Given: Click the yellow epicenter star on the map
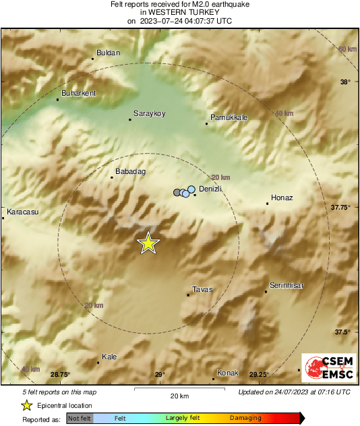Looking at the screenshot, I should click(x=148, y=243).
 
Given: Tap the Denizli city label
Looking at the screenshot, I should click(x=211, y=190).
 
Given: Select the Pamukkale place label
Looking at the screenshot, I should click(x=229, y=117).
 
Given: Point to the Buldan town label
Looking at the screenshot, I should click(x=109, y=53).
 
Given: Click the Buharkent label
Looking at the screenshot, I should click(x=79, y=93).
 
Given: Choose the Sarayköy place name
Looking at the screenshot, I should click(x=150, y=113).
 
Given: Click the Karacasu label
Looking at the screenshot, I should click(x=22, y=213).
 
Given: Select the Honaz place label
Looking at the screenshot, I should click(x=281, y=197).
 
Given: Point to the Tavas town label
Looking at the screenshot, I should click(x=202, y=289).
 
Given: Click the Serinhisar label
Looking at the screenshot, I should click(x=287, y=285).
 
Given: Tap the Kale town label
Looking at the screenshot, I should click(x=109, y=357).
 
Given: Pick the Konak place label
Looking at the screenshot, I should click(x=228, y=373).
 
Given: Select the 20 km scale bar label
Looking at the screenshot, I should click(x=160, y=396).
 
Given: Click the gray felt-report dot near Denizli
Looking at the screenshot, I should click(x=177, y=193).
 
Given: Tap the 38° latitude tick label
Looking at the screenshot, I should click(x=345, y=82).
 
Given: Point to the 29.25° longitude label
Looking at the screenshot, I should click(x=260, y=375).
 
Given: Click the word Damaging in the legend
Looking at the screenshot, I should click(x=245, y=418).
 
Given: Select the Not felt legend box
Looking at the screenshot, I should click(x=80, y=418).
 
